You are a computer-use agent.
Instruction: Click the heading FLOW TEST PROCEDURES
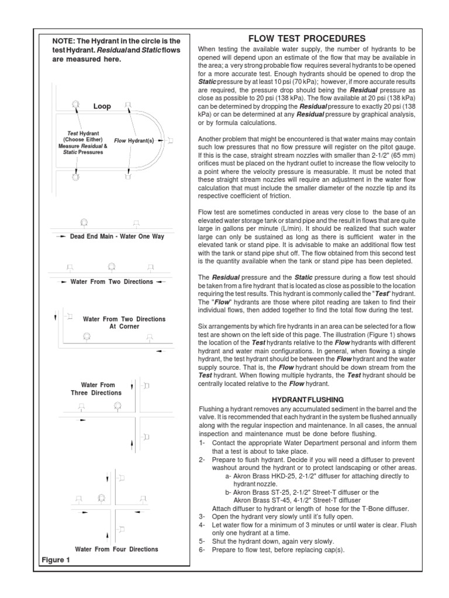point(307,39)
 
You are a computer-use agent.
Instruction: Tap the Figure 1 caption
point(56,561)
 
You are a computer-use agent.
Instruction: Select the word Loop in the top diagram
point(102,107)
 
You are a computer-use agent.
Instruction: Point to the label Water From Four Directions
point(116,549)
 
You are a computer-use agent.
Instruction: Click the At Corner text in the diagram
point(124,326)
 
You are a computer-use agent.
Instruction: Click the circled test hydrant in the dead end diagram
point(84,222)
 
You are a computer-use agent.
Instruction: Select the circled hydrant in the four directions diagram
point(102,498)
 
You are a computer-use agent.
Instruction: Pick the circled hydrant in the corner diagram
point(87,336)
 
